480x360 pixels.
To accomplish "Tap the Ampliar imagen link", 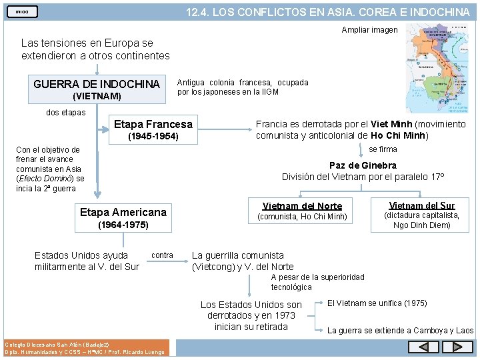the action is click(369, 30).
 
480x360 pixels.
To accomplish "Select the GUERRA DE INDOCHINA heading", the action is click(97, 84).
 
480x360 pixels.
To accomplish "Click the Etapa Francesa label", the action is click(153, 124).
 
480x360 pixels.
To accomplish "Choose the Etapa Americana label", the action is click(123, 212).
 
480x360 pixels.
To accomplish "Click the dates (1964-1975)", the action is click(123, 226).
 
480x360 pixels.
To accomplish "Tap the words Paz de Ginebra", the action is click(363, 165).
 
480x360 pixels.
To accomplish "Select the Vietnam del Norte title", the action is click(302, 206).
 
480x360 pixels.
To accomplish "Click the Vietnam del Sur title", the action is click(421, 205).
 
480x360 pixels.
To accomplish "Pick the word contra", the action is click(163, 255).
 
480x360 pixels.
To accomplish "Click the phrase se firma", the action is click(383, 149).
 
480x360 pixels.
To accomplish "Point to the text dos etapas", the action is click(65, 113).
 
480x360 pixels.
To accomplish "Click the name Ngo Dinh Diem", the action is click(422, 225).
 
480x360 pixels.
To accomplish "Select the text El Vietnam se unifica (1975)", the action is click(377, 303).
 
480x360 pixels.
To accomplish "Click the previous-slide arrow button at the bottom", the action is click(423, 347).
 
